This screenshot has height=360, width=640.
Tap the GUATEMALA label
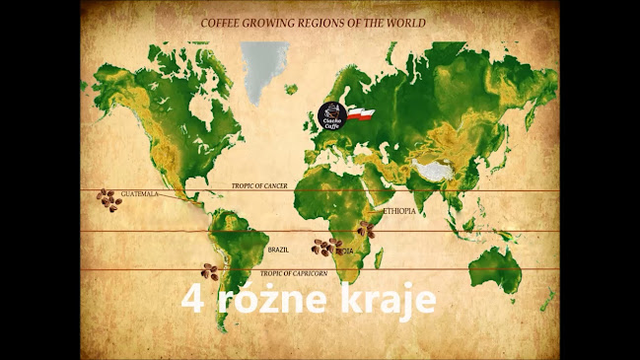point(139,194)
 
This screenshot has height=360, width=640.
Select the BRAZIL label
point(278,250)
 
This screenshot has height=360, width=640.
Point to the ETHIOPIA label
point(398,211)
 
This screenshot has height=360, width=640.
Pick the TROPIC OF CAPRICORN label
point(293,272)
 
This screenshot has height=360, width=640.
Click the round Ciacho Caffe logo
point(331,115)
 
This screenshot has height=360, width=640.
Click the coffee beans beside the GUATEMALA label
point(107,200)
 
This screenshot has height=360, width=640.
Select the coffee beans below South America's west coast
point(209,270)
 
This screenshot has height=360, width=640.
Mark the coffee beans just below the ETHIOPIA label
point(367,229)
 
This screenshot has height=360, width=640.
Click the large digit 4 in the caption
point(191,298)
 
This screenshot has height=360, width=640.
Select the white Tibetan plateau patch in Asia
point(435,171)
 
